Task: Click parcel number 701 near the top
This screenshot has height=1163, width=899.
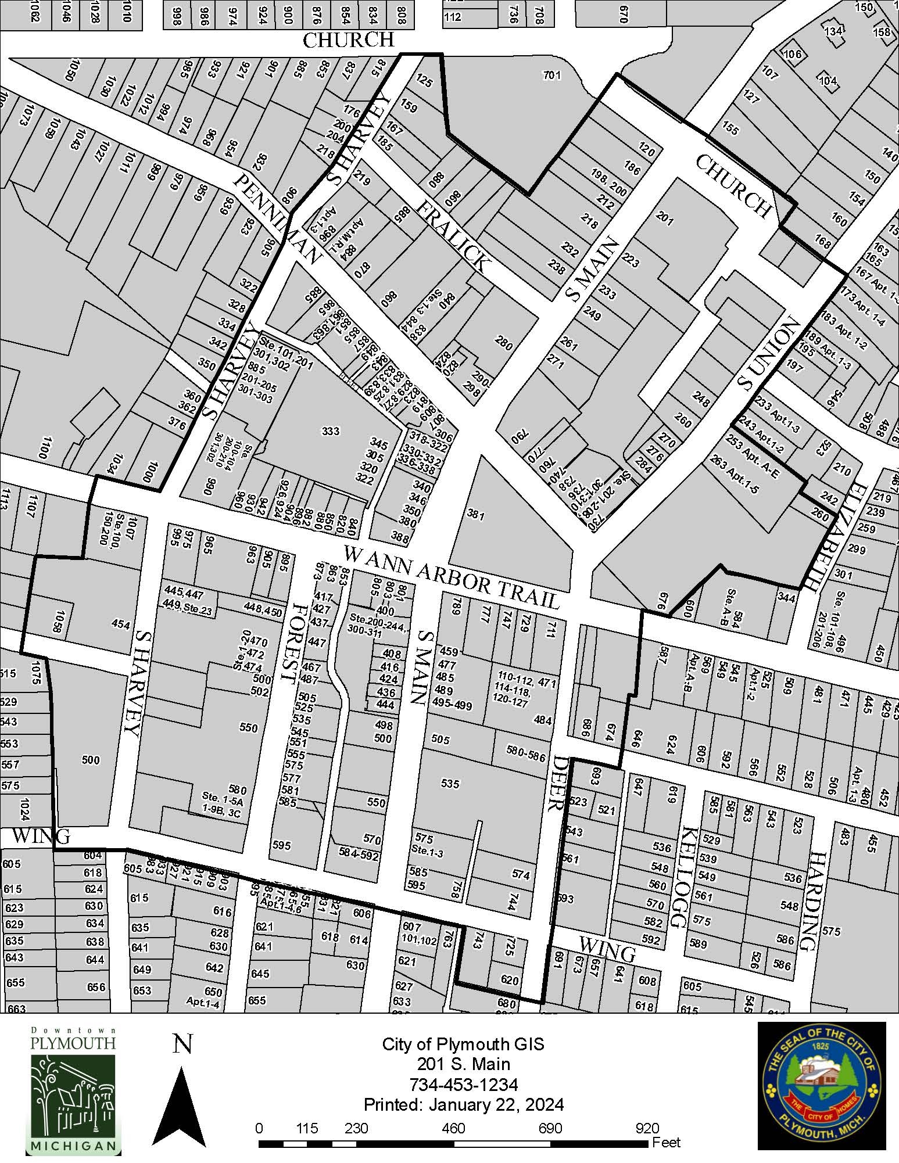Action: pos(551,75)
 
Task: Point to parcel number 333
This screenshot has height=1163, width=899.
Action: pos(330,431)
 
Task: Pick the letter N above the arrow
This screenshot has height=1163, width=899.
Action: pos(182,1044)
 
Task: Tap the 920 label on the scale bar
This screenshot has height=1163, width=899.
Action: pos(647,1128)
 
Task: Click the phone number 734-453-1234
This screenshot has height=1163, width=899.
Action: pos(463,1085)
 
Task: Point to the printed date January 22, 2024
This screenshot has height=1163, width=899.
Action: pos(463,1104)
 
